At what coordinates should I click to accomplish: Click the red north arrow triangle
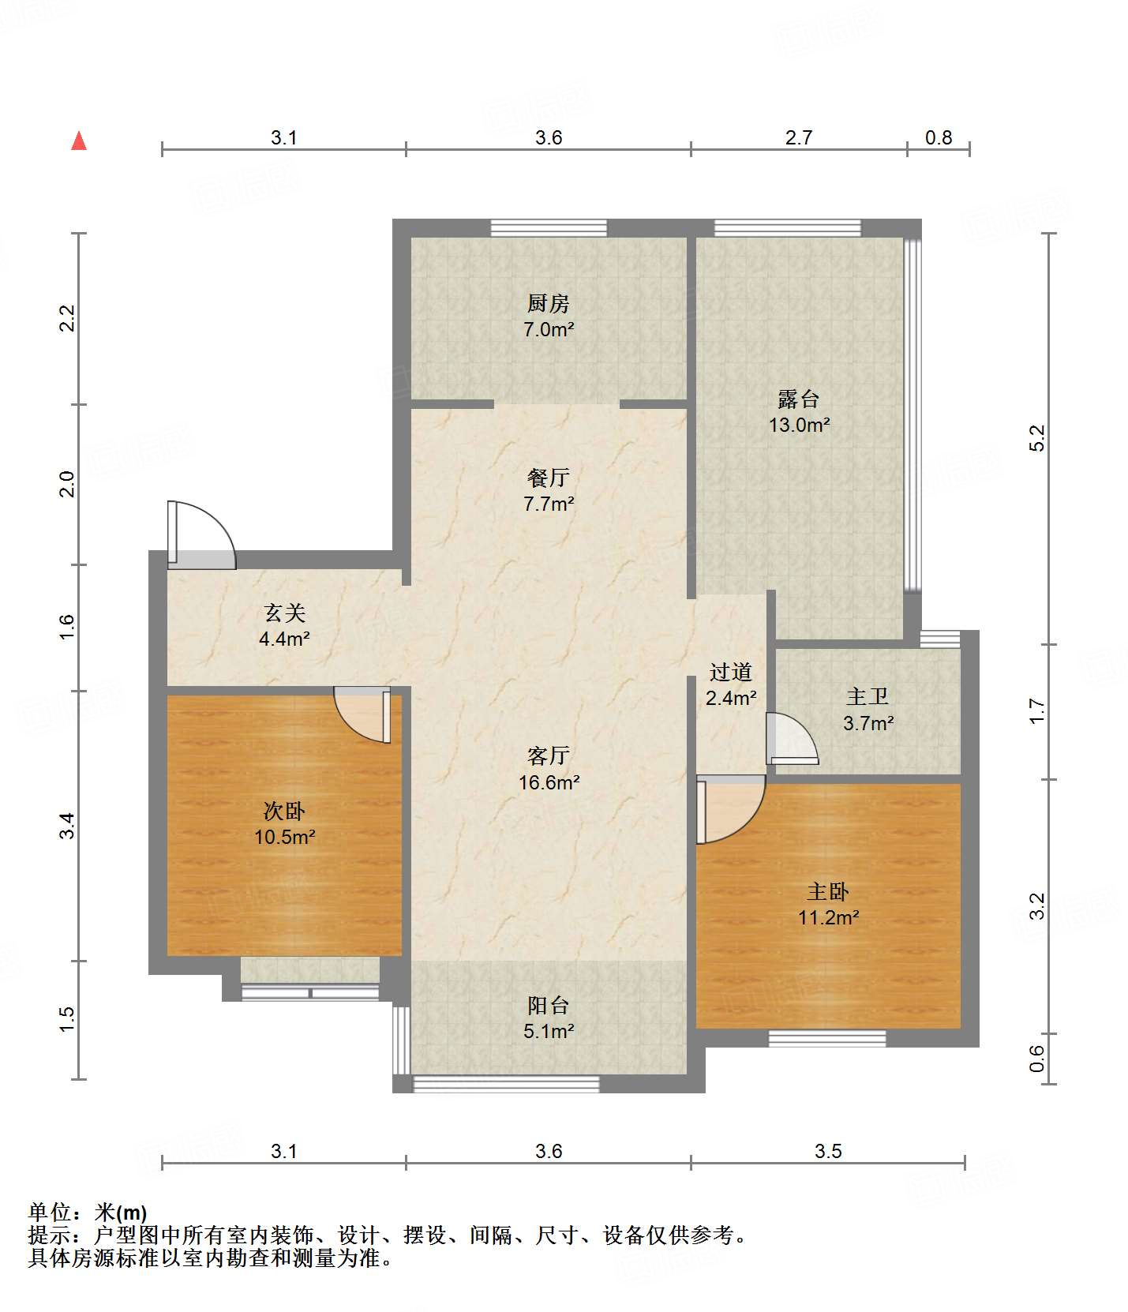(x=79, y=141)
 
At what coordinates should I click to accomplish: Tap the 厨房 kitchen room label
(x=548, y=302)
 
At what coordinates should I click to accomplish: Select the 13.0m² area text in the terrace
(x=799, y=425)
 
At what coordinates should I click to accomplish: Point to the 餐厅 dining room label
(x=548, y=477)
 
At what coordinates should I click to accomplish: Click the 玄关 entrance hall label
(x=284, y=613)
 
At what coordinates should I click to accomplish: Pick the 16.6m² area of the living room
(x=549, y=782)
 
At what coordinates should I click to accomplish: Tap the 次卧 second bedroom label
(x=284, y=811)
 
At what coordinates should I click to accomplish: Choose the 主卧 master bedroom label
(x=828, y=891)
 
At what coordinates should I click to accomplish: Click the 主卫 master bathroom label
(x=868, y=696)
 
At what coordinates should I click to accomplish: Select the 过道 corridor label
(x=730, y=672)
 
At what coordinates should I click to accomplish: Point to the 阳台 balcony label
(x=548, y=1005)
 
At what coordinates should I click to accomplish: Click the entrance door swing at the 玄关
(x=201, y=534)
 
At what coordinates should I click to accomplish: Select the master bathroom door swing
(x=793, y=739)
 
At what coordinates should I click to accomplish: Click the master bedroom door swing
(x=731, y=810)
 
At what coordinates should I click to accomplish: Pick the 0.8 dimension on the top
(x=939, y=137)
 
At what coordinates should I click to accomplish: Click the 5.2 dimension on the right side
(x=1037, y=438)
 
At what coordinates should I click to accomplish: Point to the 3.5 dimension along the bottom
(x=828, y=1151)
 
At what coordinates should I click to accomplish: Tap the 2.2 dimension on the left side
(x=67, y=318)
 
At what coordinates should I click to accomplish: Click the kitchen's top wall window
(x=549, y=228)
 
